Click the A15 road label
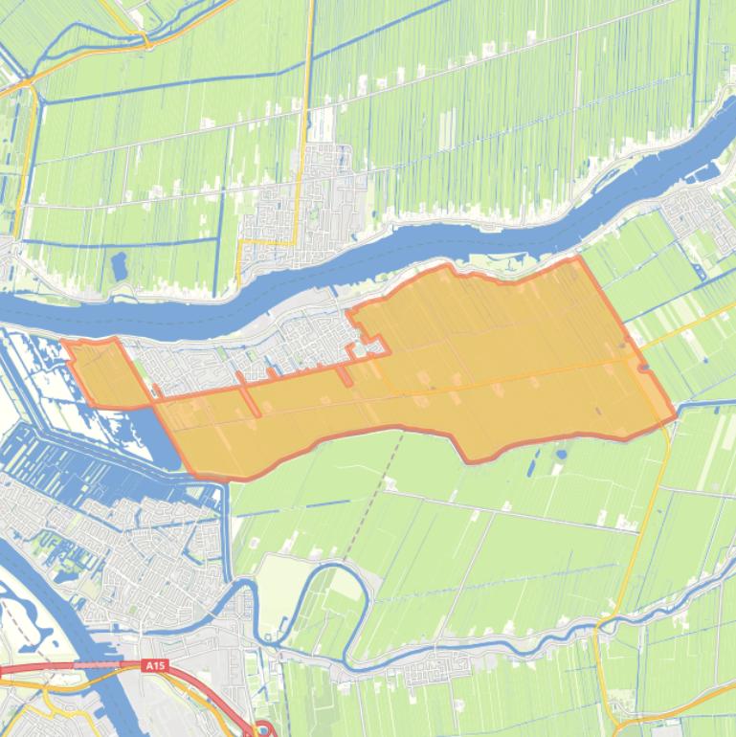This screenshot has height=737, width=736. coord(154,664)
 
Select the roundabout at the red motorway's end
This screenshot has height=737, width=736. coord(259,730)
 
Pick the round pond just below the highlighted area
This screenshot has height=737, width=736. coord(561,455)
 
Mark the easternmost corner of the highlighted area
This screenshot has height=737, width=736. coord(676,413)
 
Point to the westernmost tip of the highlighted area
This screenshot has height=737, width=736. coord(61,341)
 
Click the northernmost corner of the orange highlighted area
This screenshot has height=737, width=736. coord(578,257)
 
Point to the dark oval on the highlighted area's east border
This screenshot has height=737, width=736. coord(644,367)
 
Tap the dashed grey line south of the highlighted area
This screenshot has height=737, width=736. coord(368,507)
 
